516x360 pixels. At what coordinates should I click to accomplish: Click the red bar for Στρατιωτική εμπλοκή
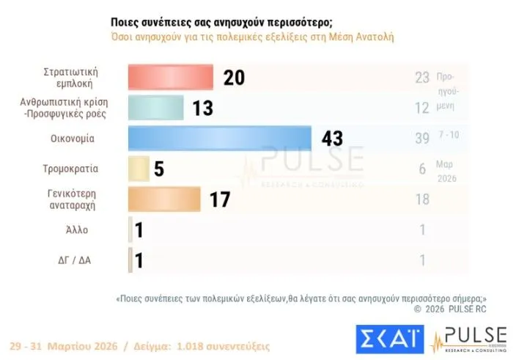point(170,77)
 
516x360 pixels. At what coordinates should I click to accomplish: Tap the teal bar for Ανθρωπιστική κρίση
point(155,108)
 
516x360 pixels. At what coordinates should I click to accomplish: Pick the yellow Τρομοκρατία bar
point(139,169)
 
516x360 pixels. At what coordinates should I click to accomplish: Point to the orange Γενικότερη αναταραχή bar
point(163,199)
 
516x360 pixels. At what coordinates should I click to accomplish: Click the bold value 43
point(328,138)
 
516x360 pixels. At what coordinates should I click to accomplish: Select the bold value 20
point(235,77)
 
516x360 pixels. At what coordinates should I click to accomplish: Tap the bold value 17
point(221,199)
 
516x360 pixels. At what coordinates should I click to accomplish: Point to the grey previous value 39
point(421,138)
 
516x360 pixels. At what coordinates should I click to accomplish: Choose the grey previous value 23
point(421,77)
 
